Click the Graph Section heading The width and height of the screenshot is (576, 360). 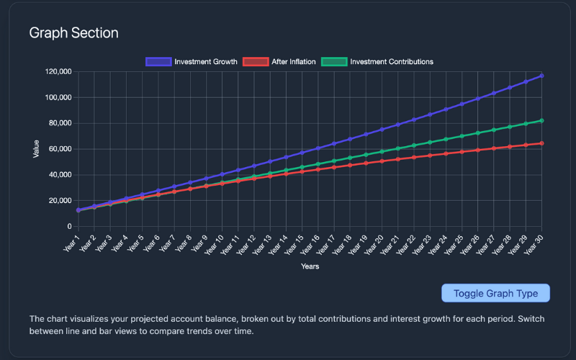pyautogui.click(x=73, y=33)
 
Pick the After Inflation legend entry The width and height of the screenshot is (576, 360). pyautogui.click(x=280, y=62)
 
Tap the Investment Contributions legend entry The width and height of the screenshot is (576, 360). pyautogui.click(x=377, y=62)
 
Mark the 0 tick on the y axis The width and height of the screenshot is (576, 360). pyautogui.click(x=68, y=226)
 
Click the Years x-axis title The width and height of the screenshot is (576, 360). pyautogui.click(x=310, y=266)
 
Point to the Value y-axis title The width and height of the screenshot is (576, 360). pyautogui.click(x=36, y=149)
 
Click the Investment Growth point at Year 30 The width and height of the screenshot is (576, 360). pyautogui.click(x=541, y=76)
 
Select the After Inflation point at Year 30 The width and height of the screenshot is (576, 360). pyautogui.click(x=541, y=143)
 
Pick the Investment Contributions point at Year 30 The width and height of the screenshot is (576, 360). pyautogui.click(x=541, y=121)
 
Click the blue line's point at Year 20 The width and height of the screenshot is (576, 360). pyautogui.click(x=382, y=130)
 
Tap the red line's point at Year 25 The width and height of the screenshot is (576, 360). pyautogui.click(x=462, y=152)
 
